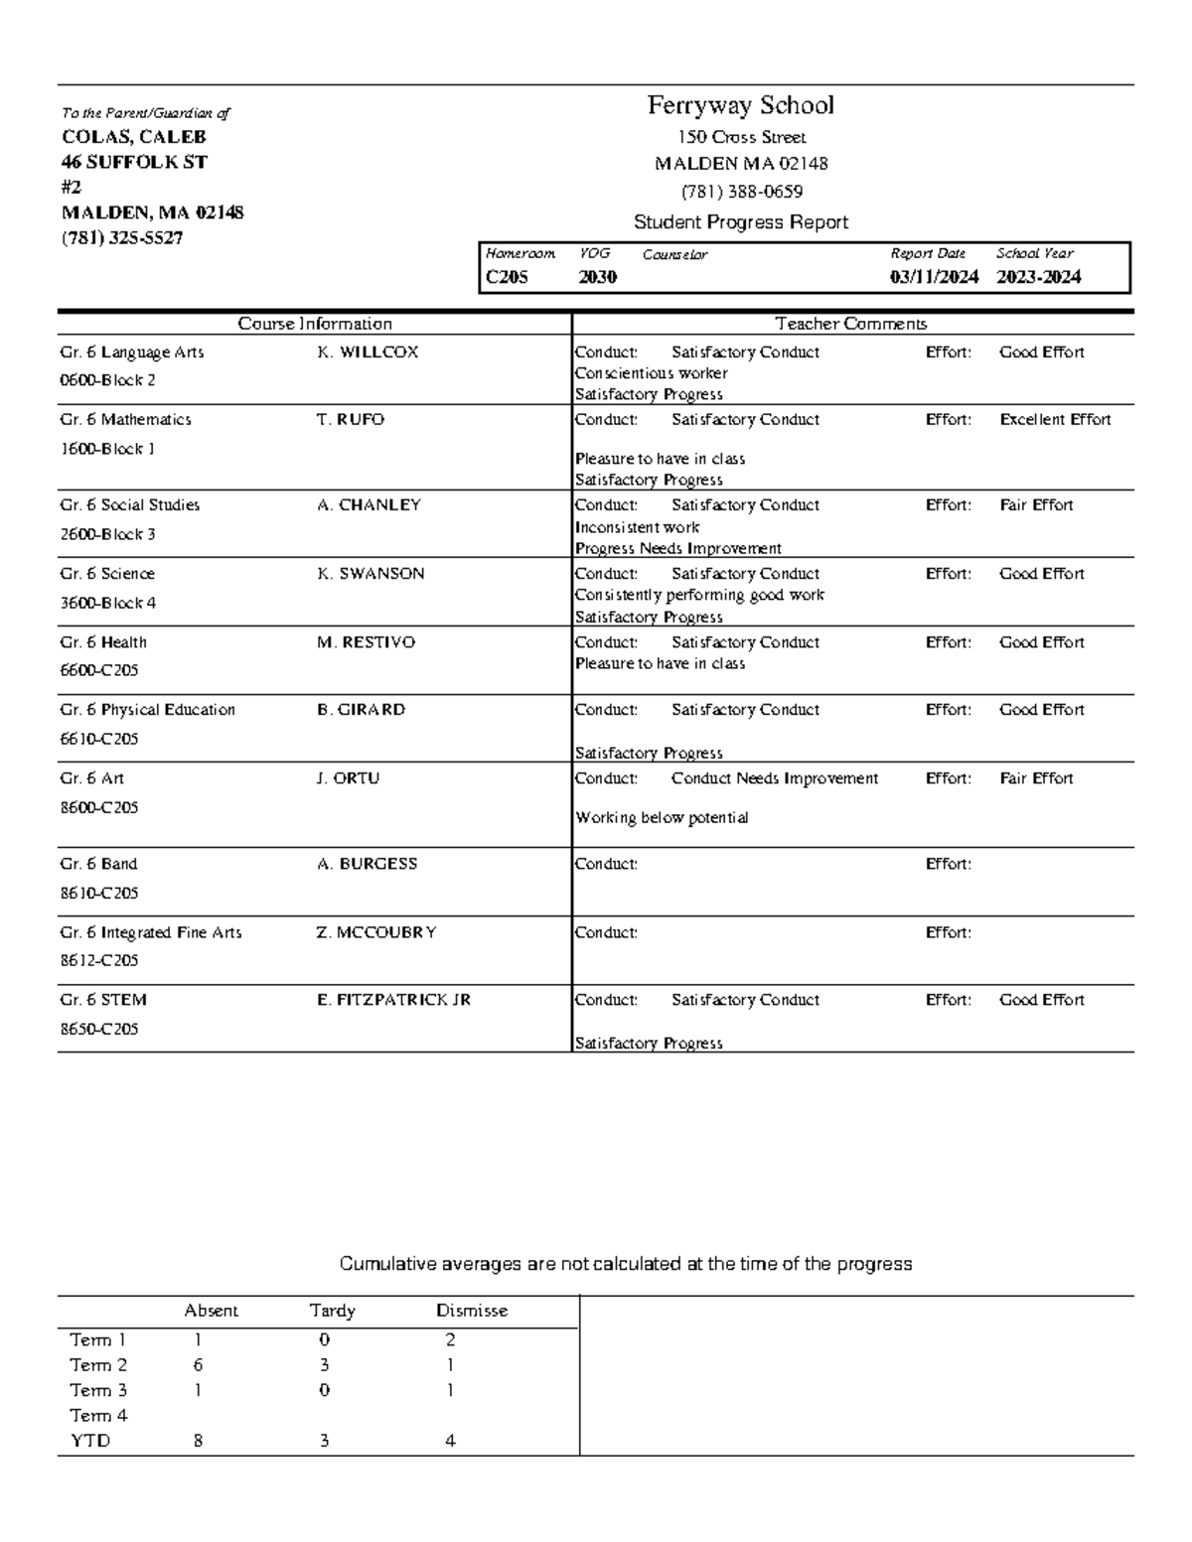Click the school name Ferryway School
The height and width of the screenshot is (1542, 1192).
[740, 105]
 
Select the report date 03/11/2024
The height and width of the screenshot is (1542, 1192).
[934, 278]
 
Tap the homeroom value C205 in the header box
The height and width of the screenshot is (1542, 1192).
[507, 278]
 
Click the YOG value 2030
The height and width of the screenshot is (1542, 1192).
[598, 278]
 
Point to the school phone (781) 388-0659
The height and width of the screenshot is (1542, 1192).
[741, 191]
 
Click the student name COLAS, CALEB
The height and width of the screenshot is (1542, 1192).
[134, 137]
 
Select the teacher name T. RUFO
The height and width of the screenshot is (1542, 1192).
[350, 420]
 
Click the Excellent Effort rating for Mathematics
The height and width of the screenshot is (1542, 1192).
[1055, 420]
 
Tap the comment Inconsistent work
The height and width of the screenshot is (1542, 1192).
[637, 527]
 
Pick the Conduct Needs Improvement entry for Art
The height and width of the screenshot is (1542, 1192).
[774, 778]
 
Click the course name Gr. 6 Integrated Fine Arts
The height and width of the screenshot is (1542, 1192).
[151, 932]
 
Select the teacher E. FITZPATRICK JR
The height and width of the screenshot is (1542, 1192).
[393, 1000]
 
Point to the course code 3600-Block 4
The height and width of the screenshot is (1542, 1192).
[108, 603]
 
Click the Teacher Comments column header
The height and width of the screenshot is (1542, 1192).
[850, 324]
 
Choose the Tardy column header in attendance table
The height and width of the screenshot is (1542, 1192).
[332, 1311]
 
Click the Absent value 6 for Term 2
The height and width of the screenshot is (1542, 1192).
[199, 1365]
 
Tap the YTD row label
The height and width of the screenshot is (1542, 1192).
[90, 1441]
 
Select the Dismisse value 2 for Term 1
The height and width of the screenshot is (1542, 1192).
[450, 1339]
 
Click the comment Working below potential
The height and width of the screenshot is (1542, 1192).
[662, 818]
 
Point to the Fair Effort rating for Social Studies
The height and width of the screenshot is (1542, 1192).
[1036, 505]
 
